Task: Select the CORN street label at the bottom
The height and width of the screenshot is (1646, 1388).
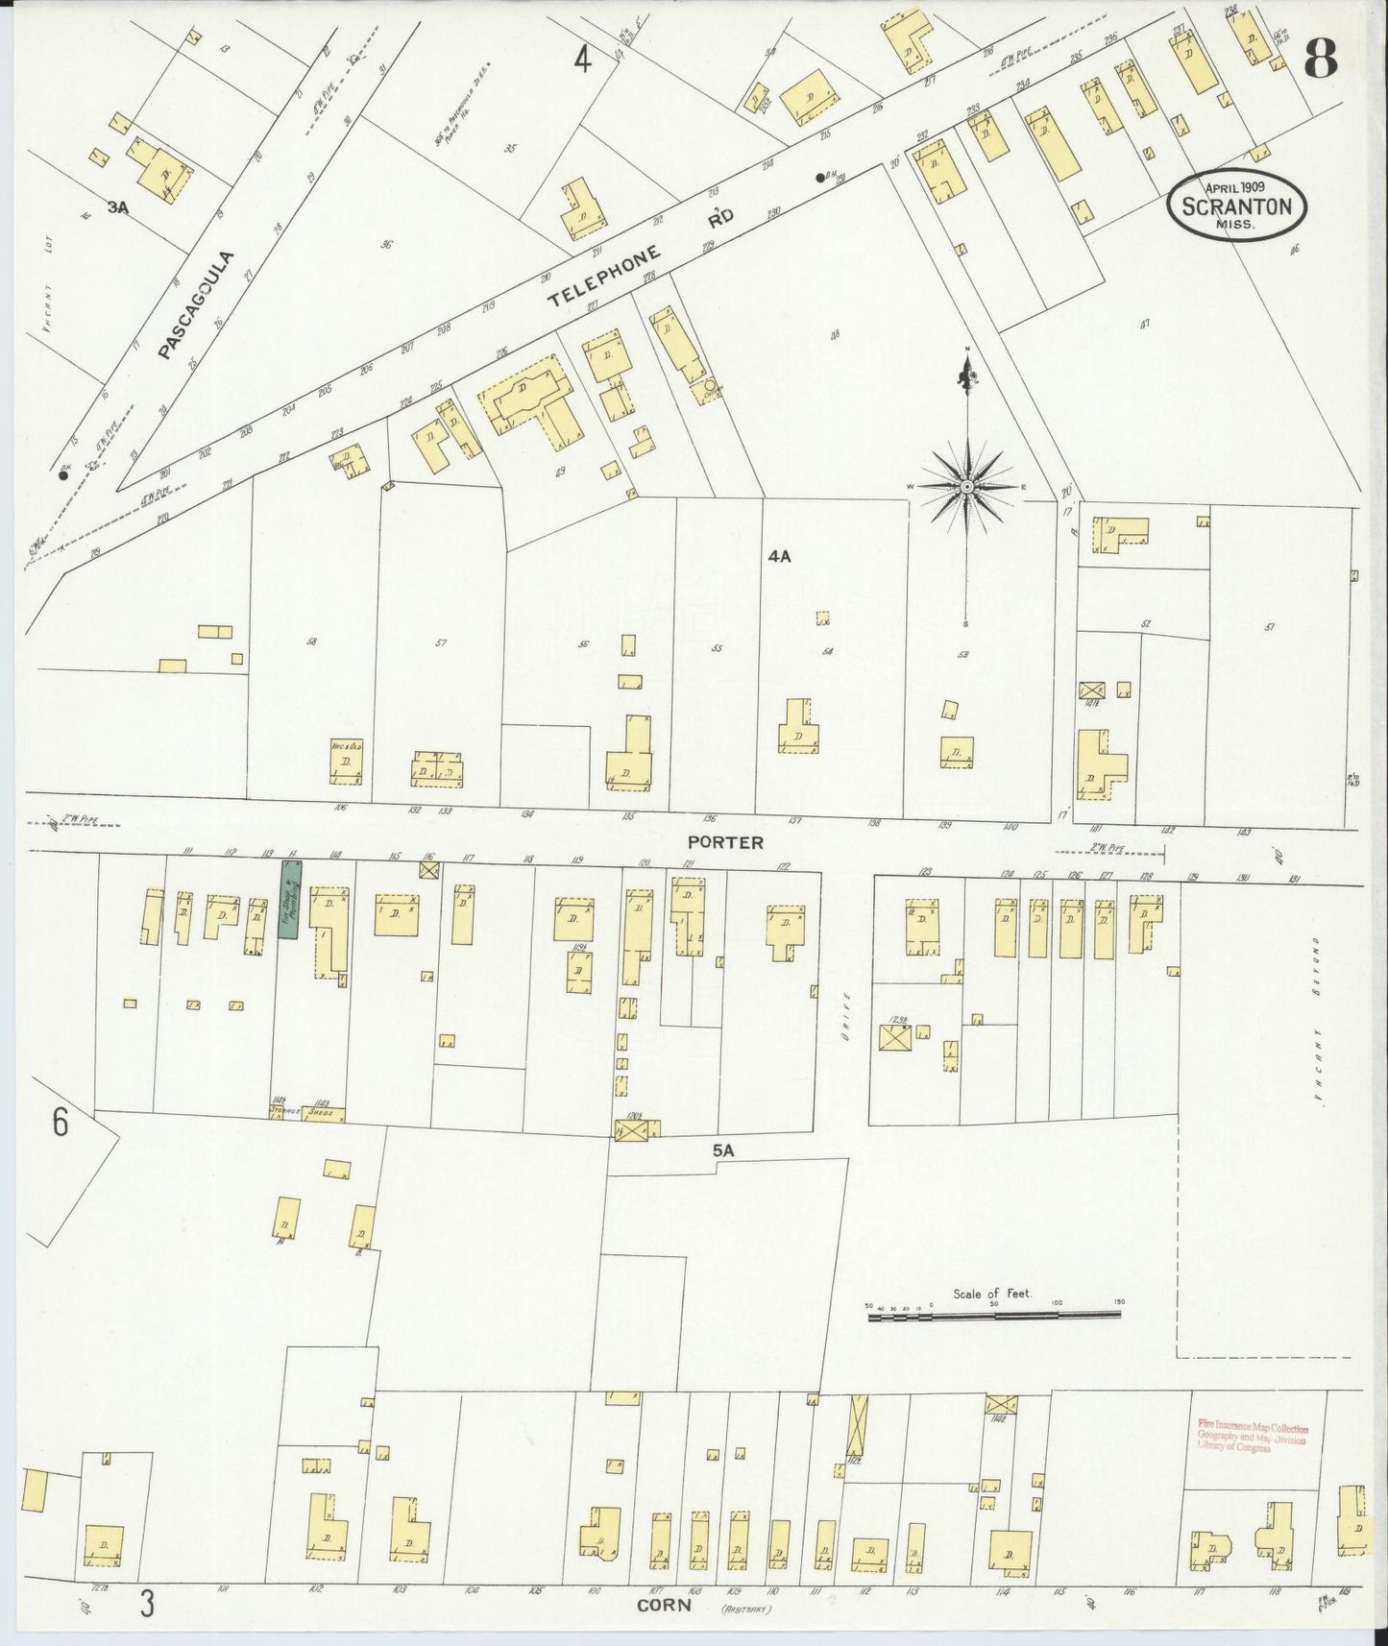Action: pos(664,1605)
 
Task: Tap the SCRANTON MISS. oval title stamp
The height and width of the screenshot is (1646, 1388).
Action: pos(1237,206)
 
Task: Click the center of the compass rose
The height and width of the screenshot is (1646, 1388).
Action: pos(966,488)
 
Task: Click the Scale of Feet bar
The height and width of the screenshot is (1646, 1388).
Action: pos(995,1317)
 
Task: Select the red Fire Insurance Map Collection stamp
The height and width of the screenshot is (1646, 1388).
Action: pos(1252,1438)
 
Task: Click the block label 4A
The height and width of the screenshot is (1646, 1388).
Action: pos(779,556)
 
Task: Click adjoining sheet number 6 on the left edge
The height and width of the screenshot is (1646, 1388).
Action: pos(61,1122)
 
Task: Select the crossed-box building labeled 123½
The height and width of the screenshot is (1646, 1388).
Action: pos(895,1038)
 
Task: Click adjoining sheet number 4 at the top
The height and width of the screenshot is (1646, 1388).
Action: pos(582,61)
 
